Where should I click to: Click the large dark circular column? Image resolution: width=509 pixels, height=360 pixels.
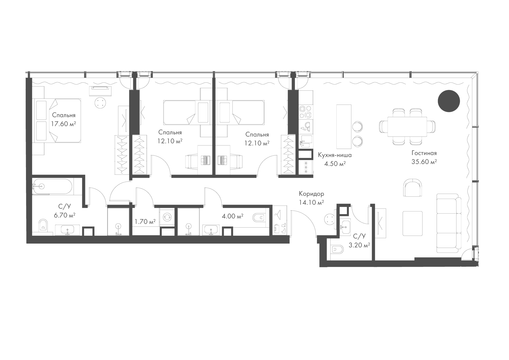pyautogui.click(x=449, y=101)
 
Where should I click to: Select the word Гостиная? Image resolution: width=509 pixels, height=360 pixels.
pyautogui.click(x=424, y=153)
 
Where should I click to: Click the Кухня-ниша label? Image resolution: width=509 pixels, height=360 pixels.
pyautogui.click(x=335, y=155)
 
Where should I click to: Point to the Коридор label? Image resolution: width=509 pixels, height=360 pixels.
pyautogui.click(x=311, y=194)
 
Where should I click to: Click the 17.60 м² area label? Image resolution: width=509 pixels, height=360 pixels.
pyautogui.click(x=64, y=124)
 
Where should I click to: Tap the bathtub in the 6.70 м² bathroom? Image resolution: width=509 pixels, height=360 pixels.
pyautogui.click(x=52, y=187)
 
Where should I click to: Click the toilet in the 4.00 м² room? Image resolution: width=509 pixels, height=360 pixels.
pyautogui.click(x=259, y=218)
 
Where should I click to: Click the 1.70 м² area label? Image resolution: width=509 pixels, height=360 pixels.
pyautogui.click(x=145, y=222)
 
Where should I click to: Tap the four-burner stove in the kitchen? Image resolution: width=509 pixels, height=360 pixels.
pyautogui.click(x=306, y=112)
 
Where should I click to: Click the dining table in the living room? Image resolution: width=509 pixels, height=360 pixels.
pyautogui.click(x=407, y=127)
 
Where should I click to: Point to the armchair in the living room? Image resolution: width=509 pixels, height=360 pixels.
pyautogui.click(x=413, y=188)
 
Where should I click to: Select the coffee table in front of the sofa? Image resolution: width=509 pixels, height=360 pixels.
pyautogui.click(x=413, y=223)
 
